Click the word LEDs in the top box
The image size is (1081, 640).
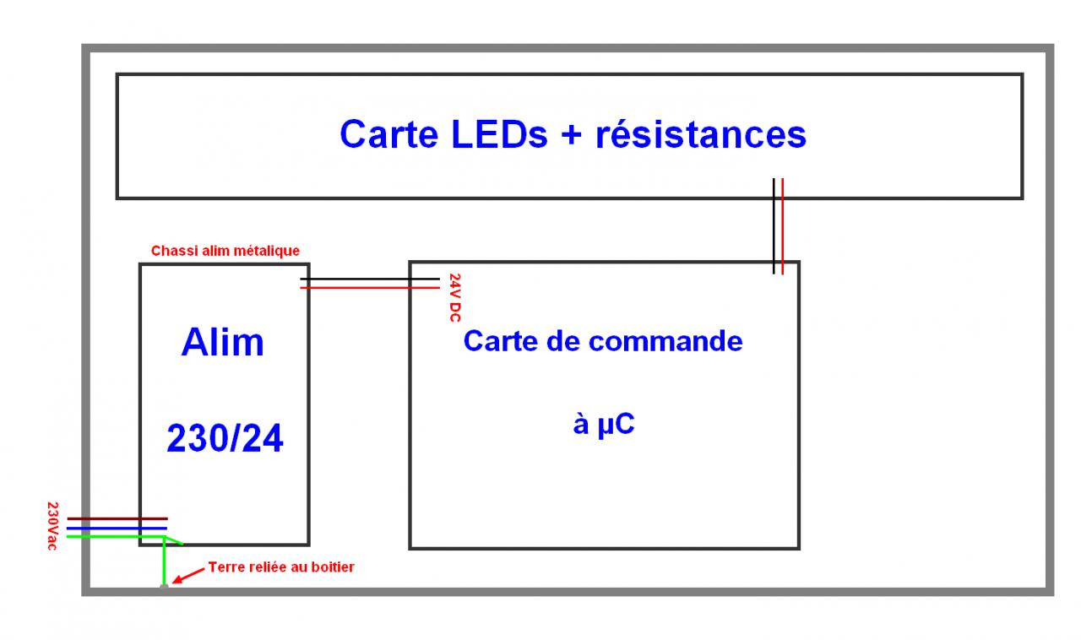tap(495, 134)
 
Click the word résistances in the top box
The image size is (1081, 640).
tap(701, 134)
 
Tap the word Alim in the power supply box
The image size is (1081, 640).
tap(223, 342)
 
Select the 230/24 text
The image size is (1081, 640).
tap(225, 438)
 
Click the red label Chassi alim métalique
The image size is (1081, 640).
tap(225, 251)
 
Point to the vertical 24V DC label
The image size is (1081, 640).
tap(454, 297)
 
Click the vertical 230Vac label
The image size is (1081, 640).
tap(53, 527)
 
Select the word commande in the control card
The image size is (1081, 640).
tap(665, 341)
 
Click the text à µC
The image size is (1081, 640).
tap(603, 425)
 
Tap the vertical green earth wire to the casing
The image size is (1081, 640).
tap(164, 561)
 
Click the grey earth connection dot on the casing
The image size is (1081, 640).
tap(164, 585)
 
